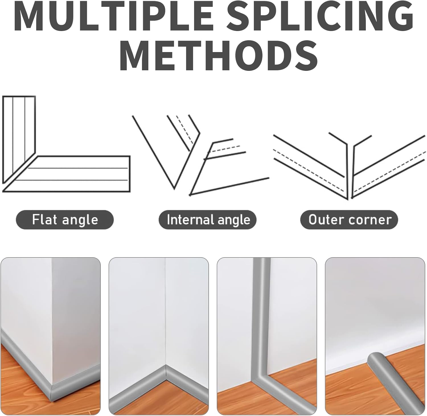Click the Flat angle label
(65, 220)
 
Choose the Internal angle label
(208, 220)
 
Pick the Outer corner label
(349, 220)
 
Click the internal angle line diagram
(200, 155)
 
